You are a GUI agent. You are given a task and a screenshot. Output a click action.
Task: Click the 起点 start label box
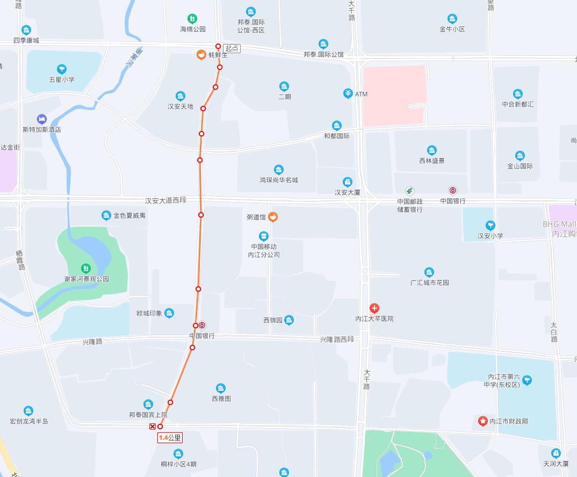coord(232,48)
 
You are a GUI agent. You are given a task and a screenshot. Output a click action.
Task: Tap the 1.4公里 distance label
coord(170,438)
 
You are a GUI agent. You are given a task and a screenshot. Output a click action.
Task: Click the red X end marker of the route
coord(153,427)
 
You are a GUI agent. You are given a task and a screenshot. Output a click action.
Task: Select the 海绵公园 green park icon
coord(192,19)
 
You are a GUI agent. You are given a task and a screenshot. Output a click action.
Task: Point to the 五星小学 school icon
coord(62,69)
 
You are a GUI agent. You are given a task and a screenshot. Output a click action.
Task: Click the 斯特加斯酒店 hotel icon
coord(41,119)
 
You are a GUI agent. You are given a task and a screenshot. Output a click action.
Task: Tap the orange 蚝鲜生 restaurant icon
coord(201,54)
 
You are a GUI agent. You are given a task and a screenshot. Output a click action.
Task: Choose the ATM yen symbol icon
coord(348,94)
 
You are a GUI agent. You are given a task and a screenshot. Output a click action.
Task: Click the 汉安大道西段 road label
coord(165,200)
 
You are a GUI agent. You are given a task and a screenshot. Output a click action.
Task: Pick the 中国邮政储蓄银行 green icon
coord(410,191)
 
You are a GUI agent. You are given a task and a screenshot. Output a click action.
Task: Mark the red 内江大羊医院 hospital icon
coord(374,308)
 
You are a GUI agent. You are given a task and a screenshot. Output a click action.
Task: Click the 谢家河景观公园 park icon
coord(85,268)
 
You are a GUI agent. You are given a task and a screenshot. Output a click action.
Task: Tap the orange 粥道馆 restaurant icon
coord(273,217)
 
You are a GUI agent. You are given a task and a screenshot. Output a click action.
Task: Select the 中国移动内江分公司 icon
coord(263,236)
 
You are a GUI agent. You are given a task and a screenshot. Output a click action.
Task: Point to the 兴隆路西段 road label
coord(337,339)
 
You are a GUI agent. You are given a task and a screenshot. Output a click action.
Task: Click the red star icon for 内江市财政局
coord(482,421)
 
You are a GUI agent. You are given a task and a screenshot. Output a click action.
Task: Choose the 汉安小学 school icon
coord(490,226)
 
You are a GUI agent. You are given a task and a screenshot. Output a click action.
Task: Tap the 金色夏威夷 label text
coord(129,216)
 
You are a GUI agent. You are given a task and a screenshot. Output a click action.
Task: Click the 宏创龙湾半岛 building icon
coord(28,411)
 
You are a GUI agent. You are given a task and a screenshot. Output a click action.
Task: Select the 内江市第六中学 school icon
coord(527,380)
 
